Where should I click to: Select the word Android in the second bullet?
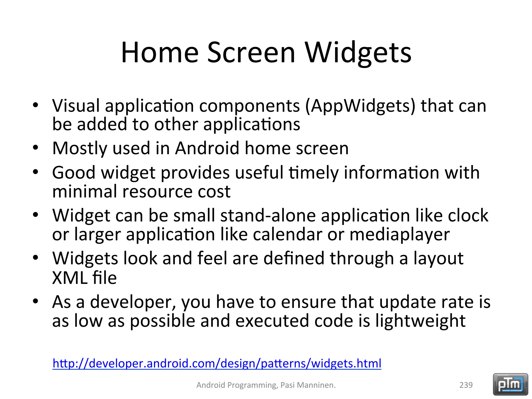[x=207, y=148]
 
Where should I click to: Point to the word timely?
[x=314, y=173]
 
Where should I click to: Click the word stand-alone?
[x=268, y=216]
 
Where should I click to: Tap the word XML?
[x=70, y=278]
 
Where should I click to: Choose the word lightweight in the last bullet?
[x=420, y=321]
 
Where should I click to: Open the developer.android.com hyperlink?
[x=217, y=363]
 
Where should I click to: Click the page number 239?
[x=466, y=385]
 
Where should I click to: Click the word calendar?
[x=287, y=235]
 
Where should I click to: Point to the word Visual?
[x=76, y=106]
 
